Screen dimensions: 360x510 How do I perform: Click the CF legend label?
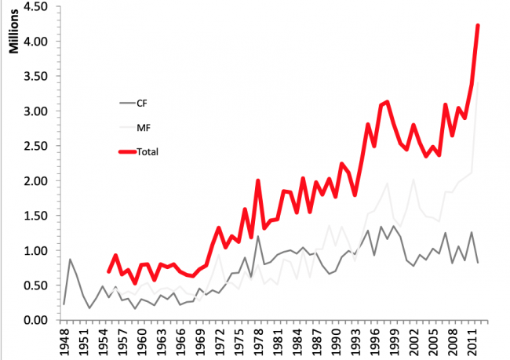pos(142,103)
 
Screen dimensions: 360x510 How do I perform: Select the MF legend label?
pos(143,126)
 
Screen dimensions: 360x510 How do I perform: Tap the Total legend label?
pos(148,151)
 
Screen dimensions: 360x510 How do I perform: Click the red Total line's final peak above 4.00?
pos(478,26)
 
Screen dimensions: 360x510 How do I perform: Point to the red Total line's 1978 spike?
pos(257,180)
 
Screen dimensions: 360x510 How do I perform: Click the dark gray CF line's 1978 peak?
pos(257,236)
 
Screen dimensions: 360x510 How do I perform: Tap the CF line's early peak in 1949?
pos(70,259)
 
